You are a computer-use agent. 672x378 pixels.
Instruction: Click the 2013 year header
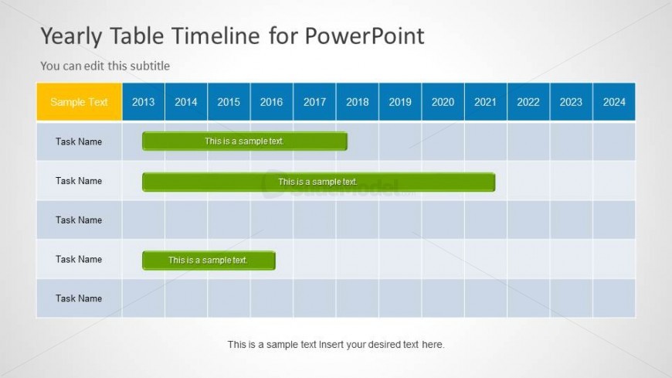pyautogui.click(x=143, y=102)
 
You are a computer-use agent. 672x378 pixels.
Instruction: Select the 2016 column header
pyautogui.click(x=272, y=102)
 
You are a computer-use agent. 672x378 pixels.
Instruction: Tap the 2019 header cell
pyautogui.click(x=400, y=102)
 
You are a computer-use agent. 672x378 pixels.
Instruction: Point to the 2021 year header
pyautogui.click(x=486, y=102)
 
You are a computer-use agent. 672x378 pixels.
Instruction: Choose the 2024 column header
pyautogui.click(x=614, y=102)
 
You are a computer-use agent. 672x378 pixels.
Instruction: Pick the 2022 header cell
pyautogui.click(x=528, y=102)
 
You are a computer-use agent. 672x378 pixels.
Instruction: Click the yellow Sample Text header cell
pyautogui.click(x=80, y=102)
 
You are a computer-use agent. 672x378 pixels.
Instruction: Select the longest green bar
pyautogui.click(x=318, y=182)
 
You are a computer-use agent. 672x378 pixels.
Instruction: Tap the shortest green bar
pyautogui.click(x=209, y=261)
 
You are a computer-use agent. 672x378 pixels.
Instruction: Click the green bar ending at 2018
pyautogui.click(x=245, y=141)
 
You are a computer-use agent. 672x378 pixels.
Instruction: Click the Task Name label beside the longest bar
pyautogui.click(x=79, y=181)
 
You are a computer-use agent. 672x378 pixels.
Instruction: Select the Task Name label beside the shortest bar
pyautogui.click(x=79, y=259)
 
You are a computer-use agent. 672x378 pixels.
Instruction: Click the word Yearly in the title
pyautogui.click(x=71, y=36)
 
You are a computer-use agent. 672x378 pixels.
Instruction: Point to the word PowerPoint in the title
pyautogui.click(x=365, y=36)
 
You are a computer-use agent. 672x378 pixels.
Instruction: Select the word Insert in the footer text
pyautogui.click(x=330, y=345)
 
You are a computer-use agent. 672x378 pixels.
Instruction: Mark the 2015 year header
pyautogui.click(x=229, y=102)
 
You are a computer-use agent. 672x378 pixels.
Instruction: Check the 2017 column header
pyautogui.click(x=314, y=102)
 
